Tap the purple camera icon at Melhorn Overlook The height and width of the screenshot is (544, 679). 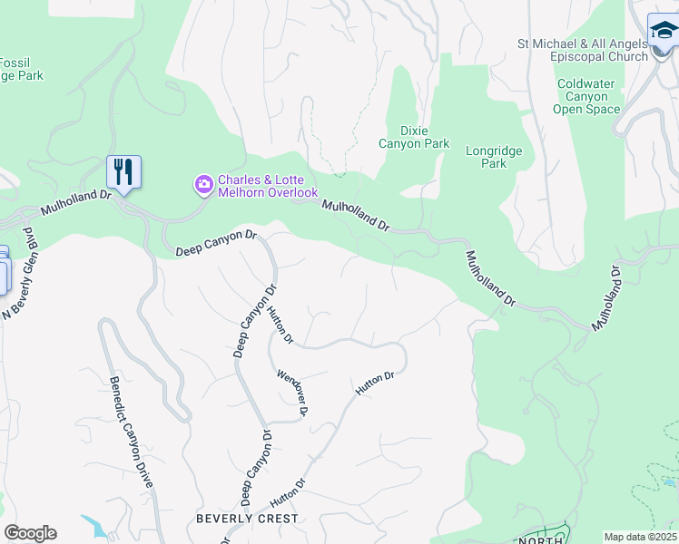tap(203, 185)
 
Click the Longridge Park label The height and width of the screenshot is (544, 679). tap(493, 158)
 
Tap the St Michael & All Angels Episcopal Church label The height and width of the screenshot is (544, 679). tap(582, 49)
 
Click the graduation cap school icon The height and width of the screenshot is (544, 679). tap(663, 34)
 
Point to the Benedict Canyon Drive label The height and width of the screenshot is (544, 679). tap(130, 435)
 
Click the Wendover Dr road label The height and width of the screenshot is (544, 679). tap(292, 392)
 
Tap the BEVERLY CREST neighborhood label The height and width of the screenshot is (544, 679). tap(247, 519)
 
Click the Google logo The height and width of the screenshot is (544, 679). tap(30, 533)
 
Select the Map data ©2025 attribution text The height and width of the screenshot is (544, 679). tap(641, 537)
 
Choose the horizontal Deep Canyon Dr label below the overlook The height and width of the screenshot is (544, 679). tap(216, 242)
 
